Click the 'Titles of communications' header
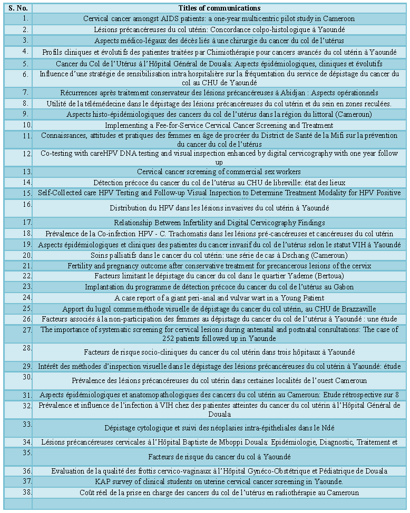point(219,8)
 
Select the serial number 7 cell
point(25,93)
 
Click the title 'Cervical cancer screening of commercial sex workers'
point(219,172)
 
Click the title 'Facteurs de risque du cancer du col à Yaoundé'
point(219,457)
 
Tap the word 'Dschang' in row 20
point(284,255)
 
